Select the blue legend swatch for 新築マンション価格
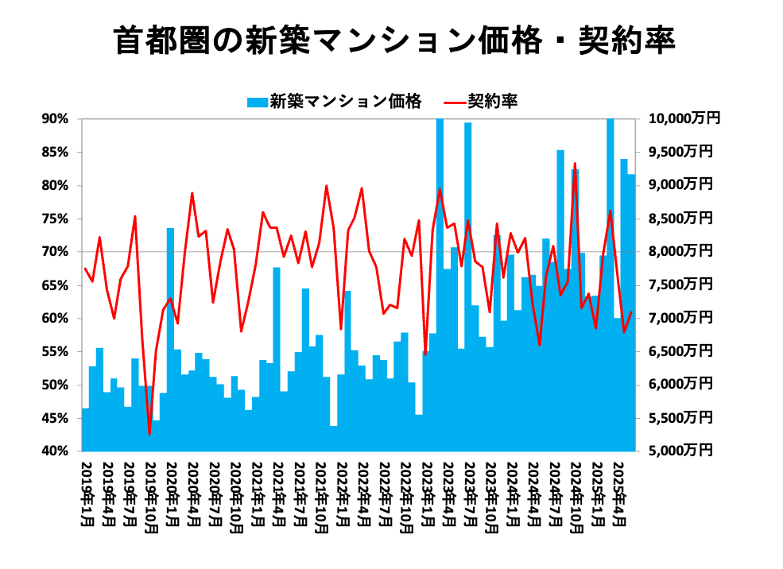tap(257, 101)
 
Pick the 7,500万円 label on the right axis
tap(681, 284)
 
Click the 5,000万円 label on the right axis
tap(681, 451)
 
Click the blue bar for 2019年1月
tap(85, 430)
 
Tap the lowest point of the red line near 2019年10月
tap(149, 434)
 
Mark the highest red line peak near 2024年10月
tap(575, 164)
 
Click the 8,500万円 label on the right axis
tap(681, 219)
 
